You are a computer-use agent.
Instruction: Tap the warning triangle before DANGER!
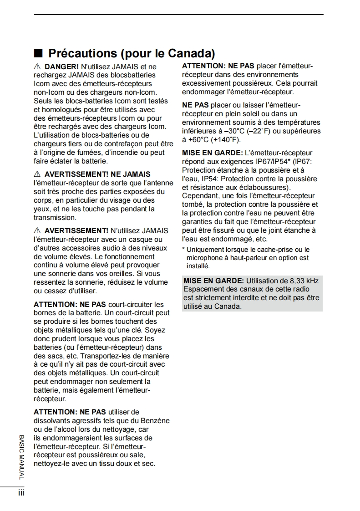click(37, 66)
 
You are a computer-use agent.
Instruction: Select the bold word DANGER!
click(60, 66)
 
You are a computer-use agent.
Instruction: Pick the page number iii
click(21, 493)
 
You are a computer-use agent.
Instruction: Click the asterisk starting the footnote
click(183, 250)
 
